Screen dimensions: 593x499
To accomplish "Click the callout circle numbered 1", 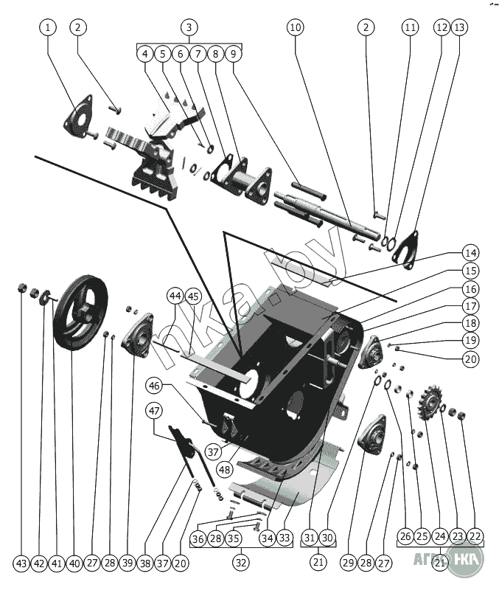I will [49, 27].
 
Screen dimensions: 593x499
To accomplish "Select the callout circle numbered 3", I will [189, 27].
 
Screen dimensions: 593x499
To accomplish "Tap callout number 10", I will [295, 27].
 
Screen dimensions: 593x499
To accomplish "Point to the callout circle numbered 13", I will [459, 27].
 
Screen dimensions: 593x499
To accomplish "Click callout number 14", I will [470, 251].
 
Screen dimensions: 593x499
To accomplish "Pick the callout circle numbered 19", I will [470, 341].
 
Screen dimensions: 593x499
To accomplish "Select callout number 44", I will [175, 296].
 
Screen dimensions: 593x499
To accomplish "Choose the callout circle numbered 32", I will [240, 562].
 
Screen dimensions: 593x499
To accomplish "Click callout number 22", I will [475, 538].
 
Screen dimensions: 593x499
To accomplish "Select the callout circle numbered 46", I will [154, 385].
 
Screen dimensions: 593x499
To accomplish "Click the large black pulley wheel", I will [80, 313].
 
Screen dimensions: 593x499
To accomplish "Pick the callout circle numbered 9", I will [233, 54].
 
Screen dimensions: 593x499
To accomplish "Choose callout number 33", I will [285, 538].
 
